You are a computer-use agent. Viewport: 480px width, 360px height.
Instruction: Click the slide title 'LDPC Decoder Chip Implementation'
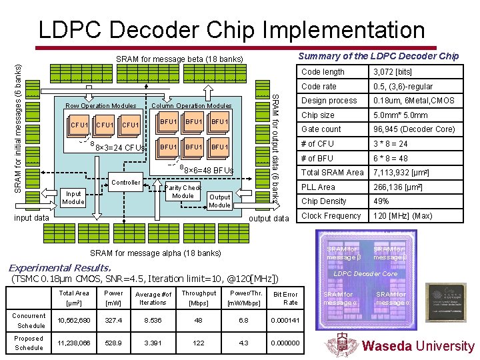tap(231, 29)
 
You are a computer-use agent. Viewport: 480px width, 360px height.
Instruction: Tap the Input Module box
tap(73, 197)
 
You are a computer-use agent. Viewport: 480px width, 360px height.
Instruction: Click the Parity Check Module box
tap(183, 192)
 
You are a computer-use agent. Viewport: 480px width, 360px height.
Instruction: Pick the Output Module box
tap(219, 201)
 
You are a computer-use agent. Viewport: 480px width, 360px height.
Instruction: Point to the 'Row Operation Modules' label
tap(101, 106)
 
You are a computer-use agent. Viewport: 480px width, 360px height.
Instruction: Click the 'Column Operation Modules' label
tap(191, 106)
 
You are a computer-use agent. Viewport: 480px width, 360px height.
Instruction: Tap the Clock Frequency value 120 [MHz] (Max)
tap(402, 216)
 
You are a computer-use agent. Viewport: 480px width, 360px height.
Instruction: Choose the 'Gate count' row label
tap(321, 129)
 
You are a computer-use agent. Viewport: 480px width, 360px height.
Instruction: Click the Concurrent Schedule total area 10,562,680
tap(73, 321)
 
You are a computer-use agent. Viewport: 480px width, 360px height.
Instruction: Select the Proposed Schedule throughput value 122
tap(198, 343)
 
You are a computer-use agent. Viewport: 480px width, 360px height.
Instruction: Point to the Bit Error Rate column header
tap(285, 297)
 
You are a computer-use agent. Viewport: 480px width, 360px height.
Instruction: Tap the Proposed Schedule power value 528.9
tap(113, 343)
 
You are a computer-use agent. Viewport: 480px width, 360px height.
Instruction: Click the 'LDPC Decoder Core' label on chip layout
tap(365, 274)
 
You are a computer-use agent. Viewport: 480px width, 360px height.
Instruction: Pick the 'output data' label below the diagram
tap(269, 219)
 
